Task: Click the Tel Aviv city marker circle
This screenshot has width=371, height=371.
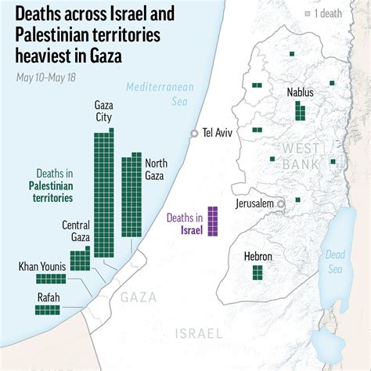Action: pyautogui.click(x=194, y=134)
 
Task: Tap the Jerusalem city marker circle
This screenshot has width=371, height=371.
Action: pyautogui.click(x=280, y=204)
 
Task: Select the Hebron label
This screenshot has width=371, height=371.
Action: pyautogui.click(x=257, y=256)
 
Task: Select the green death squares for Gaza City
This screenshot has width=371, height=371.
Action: pyautogui.click(x=103, y=193)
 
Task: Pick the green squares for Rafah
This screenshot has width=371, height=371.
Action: pyautogui.click(x=52, y=309)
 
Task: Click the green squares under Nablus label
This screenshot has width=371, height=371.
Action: pyautogui.click(x=300, y=110)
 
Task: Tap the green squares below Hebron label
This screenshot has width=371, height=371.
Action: pyautogui.click(x=257, y=272)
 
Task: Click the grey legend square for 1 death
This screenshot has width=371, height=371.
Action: pyautogui.click(x=308, y=14)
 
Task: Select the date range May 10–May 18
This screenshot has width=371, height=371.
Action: pyautogui.click(x=45, y=77)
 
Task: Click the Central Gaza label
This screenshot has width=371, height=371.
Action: pyautogui.click(x=75, y=232)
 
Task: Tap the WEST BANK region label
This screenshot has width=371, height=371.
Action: pyautogui.click(x=301, y=155)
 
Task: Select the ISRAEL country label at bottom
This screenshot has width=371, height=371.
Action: pyautogui.click(x=199, y=333)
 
